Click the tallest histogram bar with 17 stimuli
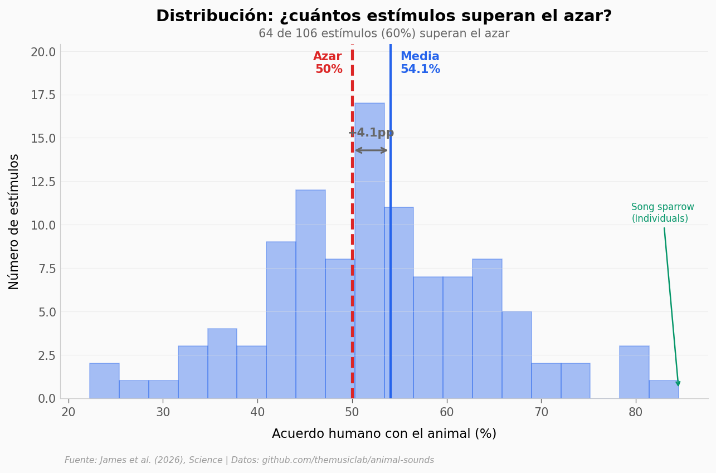369,251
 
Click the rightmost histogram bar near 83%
663,389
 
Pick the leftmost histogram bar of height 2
104,381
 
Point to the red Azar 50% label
328,63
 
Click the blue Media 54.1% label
420,63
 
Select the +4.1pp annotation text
371,133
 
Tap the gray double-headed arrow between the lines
371,150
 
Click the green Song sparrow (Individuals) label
662,213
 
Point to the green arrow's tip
678,385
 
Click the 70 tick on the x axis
541,412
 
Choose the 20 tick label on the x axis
69,412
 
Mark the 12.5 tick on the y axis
43,182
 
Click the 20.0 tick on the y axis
43,52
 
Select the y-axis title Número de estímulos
14,221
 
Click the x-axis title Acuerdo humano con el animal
384,434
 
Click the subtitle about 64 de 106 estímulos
384,34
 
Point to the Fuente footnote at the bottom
249,460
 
